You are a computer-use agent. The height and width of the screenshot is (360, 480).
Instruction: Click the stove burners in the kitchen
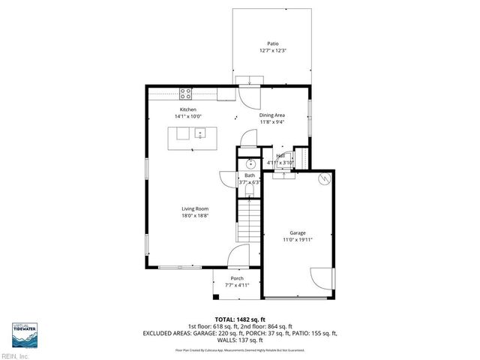pyautogui.click(x=185, y=94)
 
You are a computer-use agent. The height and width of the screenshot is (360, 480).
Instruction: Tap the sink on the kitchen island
pyautogui.click(x=201, y=134)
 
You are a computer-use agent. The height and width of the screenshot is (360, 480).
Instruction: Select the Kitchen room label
pyautogui.click(x=187, y=109)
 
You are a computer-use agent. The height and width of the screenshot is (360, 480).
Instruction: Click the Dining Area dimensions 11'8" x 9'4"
pyautogui.click(x=272, y=121)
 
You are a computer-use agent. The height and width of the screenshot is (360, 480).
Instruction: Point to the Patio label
pyautogui.click(x=272, y=43)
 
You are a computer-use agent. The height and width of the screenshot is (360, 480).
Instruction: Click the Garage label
pyautogui.click(x=298, y=233)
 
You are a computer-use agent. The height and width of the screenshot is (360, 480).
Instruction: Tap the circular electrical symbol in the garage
pyautogui.click(x=324, y=180)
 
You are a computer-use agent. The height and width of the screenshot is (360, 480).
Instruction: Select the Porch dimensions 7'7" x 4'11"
pyautogui.click(x=237, y=286)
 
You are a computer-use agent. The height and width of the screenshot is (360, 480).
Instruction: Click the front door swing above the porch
pyautogui.click(x=238, y=256)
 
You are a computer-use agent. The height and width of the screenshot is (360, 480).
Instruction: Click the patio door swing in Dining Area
pyautogui.click(x=247, y=94)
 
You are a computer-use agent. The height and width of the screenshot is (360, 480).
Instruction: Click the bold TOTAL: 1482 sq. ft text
pyautogui.click(x=239, y=319)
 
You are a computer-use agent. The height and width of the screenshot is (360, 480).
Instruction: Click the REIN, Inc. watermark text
pyautogui.click(x=15, y=355)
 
